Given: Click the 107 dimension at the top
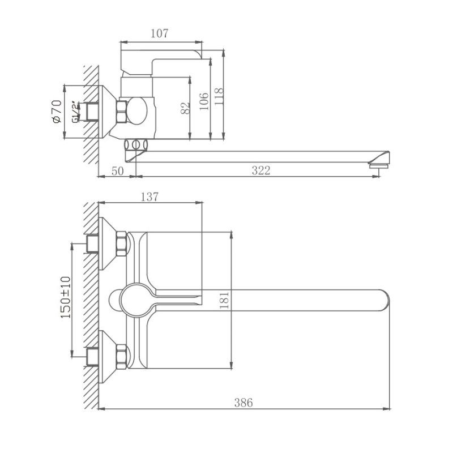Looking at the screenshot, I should coord(160,33).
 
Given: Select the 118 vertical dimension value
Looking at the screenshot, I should coord(219,97).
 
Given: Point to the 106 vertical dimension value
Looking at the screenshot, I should coord(204,100).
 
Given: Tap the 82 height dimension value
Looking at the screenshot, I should coord(185,108).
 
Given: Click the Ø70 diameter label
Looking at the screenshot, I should coord(55,112).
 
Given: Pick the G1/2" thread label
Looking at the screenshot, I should coord(75,112).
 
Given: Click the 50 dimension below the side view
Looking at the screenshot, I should coord(117,170).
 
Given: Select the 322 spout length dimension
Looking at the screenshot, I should coord(260,170).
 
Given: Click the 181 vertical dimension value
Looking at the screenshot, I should coord(224,299).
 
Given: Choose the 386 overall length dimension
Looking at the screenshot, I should coord(244,403).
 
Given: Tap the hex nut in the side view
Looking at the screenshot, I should coord(122,112).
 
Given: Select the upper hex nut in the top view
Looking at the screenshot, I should coord(122,243).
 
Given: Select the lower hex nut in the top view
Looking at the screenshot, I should coord(122,356).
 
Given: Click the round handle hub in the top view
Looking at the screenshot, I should coord(136,299).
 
